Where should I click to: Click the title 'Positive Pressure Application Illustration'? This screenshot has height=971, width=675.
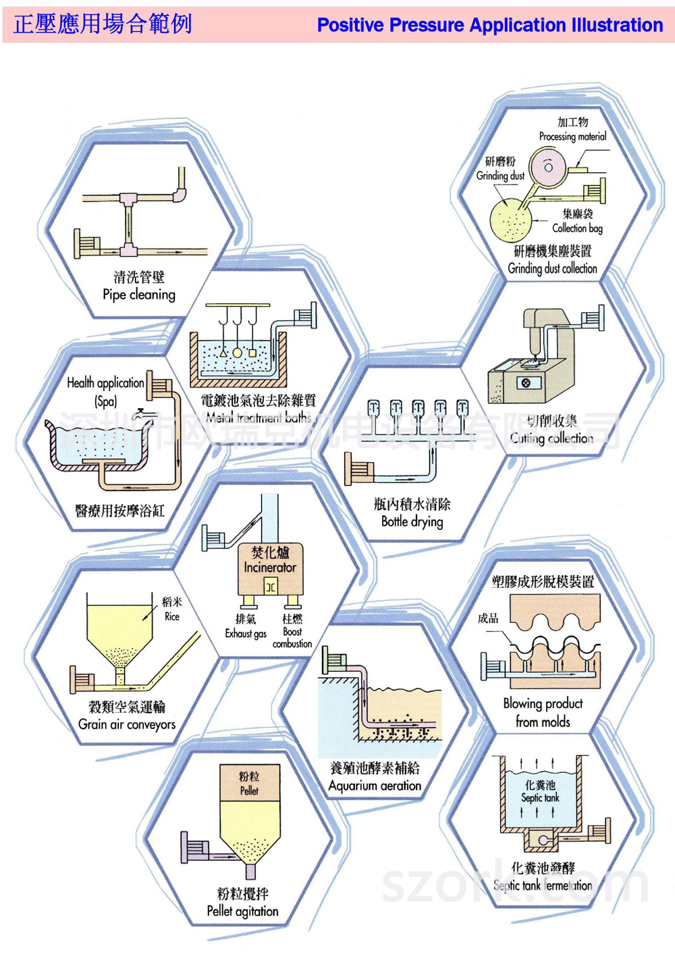pos(489,25)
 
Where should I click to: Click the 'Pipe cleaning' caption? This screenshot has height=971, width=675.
pos(139,295)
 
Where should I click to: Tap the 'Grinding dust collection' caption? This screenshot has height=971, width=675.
pos(552,268)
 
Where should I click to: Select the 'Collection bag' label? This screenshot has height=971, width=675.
pos(577,228)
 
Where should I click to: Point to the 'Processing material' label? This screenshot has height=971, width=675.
pos(572,136)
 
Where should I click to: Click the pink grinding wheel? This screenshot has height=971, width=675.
pos(548,167)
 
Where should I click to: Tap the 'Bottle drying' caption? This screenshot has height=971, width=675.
pos(412,522)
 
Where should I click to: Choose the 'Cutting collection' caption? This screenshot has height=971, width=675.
pos(551,438)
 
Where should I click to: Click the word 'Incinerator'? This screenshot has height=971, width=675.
pos(270,568)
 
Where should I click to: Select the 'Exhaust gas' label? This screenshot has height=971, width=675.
pos(246,634)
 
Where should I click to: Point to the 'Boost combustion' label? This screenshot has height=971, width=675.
pos(292,638)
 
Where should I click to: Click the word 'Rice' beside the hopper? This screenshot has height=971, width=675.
pos(172,616)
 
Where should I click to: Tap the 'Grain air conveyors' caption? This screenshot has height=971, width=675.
pos(127,724)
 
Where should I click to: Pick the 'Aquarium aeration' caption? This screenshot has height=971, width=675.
pos(375,786)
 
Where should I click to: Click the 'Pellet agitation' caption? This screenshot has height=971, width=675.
pos(242,911)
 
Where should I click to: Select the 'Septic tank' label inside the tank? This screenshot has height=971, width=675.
pos(540,798)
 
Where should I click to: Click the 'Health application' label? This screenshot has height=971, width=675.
pos(105,382)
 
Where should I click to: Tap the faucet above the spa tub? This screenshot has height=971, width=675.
pos(142,414)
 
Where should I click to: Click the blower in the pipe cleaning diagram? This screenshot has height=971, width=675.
pos(87,243)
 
